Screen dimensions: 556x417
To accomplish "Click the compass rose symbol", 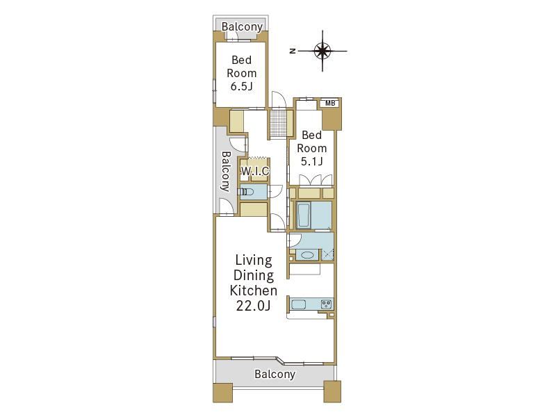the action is (322, 51).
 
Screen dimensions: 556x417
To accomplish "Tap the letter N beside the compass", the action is (293, 51).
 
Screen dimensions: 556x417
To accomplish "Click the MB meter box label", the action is (330, 103).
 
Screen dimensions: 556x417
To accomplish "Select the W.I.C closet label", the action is (255, 171).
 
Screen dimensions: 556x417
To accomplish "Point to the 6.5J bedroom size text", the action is (241, 86).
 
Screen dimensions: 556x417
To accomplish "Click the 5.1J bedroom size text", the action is (311, 162).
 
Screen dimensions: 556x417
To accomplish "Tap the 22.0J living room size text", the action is (253, 305).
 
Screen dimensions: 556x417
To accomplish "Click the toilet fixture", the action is (247, 192).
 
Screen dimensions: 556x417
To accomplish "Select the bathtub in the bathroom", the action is (303, 215).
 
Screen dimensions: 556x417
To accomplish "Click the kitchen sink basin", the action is (299, 304).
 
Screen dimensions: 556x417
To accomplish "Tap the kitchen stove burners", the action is (326, 304).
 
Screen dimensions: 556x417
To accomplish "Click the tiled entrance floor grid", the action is (277, 123).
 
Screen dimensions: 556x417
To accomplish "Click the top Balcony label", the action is (242, 26).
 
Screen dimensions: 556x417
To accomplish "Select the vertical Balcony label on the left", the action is (226, 172).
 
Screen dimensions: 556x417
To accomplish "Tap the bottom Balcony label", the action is (275, 374).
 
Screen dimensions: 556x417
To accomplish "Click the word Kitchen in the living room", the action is (253, 291).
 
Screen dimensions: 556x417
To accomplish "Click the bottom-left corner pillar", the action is (222, 392).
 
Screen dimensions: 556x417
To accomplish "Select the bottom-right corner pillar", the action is (332, 391).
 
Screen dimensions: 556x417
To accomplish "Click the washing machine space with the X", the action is (328, 255).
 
